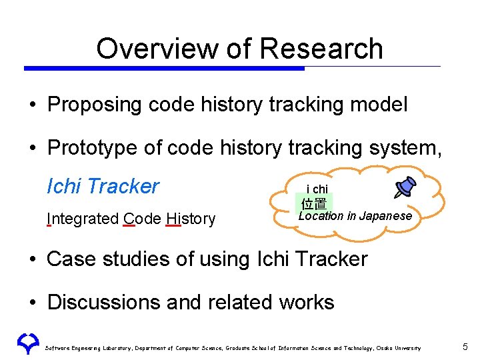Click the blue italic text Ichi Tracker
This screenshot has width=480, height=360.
coord(103,186)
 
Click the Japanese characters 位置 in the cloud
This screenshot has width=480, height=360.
coord(314,203)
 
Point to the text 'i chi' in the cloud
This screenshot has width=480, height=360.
coord(317,189)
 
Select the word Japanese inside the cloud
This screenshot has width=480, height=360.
coord(387,216)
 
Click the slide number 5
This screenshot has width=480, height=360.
coord(465,347)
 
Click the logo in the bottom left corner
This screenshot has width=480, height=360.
coord(27,343)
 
